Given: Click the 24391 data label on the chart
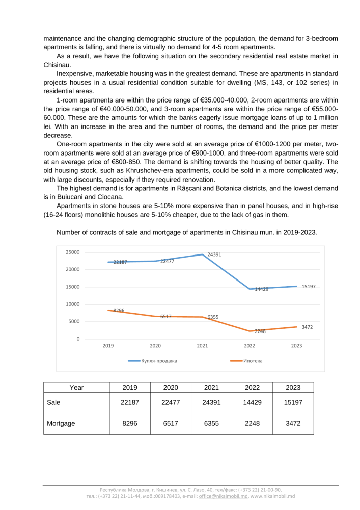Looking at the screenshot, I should point(214,254).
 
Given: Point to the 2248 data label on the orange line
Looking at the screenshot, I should point(260,331).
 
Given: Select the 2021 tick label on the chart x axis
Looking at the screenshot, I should point(202,346).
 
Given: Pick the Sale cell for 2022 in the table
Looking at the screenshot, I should point(252,402).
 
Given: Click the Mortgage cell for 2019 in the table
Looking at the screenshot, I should point(130,423).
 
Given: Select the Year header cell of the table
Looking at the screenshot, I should point(76,388).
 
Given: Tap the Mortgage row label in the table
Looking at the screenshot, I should point(61,423).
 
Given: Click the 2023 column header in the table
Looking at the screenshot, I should point(293,388).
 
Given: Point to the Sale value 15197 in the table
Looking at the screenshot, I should point(293,402).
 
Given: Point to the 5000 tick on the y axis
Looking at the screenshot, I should point(73,322).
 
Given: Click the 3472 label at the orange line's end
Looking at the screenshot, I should point(307,327).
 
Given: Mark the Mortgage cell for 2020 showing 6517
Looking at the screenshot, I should point(171,423).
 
